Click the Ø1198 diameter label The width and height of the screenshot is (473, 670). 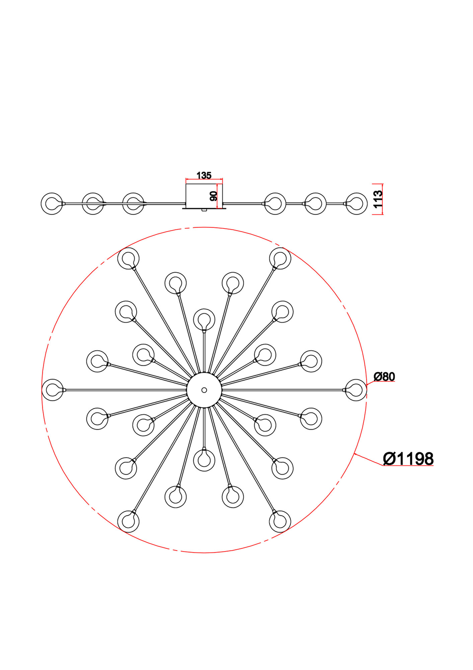point(408,459)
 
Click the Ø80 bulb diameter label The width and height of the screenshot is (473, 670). point(384,377)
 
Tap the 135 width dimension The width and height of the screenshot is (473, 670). point(204,176)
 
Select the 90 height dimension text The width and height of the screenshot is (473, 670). point(214,196)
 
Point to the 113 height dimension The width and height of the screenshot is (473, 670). point(378,199)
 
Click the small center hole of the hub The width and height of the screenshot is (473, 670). point(204,390)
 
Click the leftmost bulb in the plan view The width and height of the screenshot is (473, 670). point(53,390)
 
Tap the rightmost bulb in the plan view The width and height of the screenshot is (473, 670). point(356,390)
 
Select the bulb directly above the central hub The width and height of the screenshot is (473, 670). point(204,319)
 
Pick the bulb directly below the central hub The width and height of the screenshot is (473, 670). point(204,459)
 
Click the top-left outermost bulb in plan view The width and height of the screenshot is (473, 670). point(128,259)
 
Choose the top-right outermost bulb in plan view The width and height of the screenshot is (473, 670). point(280,259)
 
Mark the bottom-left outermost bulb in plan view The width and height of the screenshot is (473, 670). point(128,521)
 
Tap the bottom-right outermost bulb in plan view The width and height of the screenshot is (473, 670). point(280,521)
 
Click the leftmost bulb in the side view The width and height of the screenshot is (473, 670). point(52,204)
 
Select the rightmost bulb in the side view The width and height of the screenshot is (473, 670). point(356,204)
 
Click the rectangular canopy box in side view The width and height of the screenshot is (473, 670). point(204,195)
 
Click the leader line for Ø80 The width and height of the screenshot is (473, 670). point(372,383)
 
